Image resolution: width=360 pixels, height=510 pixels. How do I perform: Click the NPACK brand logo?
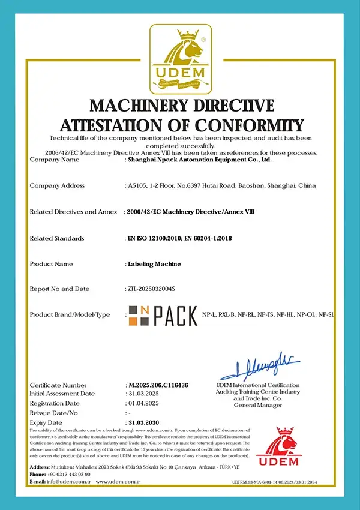click(x=161, y=314)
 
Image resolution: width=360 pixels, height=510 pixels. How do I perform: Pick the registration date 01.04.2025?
click(x=145, y=403)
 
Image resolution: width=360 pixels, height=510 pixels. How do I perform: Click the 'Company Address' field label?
click(x=57, y=186)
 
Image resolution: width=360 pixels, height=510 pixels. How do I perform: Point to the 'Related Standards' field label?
click(x=57, y=239)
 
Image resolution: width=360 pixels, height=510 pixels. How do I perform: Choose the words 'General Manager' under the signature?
click(x=258, y=406)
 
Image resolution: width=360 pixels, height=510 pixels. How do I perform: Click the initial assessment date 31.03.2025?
click(x=145, y=394)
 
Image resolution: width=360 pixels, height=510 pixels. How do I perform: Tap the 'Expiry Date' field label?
click(x=46, y=423)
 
